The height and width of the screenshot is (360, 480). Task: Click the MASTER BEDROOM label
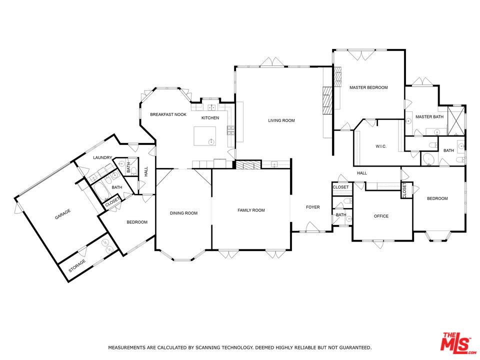368,87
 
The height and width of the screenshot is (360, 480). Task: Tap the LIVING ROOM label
281,120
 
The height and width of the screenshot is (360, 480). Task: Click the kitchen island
205,136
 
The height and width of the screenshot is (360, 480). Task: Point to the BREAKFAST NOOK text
168,114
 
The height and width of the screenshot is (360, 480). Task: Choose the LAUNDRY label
102,157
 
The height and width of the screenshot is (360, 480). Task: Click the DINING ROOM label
183,213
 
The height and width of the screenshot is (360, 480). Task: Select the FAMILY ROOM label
251,210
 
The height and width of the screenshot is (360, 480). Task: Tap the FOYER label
313,207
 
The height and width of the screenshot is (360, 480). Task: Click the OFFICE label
381,216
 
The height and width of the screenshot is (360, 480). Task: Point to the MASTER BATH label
429,117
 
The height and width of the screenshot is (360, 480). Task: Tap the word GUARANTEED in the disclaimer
353,347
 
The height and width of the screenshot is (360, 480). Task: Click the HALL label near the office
362,173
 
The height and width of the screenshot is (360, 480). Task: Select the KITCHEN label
210,118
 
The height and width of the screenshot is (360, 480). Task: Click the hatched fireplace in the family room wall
248,164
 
